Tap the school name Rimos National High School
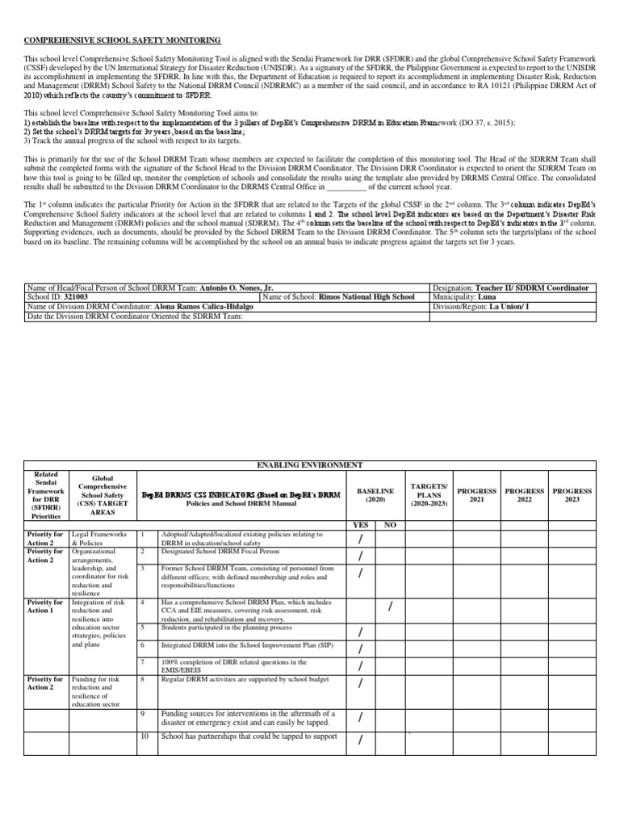coord(367,297)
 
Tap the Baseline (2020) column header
coord(375,495)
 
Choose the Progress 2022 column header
coord(525,495)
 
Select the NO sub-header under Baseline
coord(390,524)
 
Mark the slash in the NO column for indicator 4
coord(390,607)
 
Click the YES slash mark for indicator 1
coord(361,539)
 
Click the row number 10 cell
coord(144,737)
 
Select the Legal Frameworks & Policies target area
coord(99,539)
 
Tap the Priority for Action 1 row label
coord(45,607)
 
